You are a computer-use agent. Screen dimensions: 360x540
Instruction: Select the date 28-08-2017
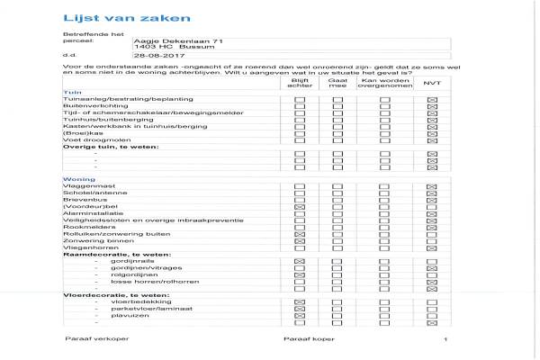[x=152, y=56]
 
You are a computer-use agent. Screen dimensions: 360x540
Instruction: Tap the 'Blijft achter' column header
[x=300, y=83]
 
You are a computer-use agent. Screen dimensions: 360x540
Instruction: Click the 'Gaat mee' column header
[x=338, y=83]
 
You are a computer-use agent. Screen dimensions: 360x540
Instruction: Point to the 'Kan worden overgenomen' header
[x=385, y=83]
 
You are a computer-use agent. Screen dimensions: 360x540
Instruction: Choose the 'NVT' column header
[x=431, y=83]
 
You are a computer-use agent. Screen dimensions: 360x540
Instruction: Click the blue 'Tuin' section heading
[x=68, y=93]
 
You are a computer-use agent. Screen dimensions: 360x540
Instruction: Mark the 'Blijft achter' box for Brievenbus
[x=300, y=199]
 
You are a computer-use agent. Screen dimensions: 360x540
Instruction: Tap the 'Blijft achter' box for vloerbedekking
[x=300, y=301]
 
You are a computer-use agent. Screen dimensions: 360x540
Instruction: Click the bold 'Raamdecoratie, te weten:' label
[x=103, y=254]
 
